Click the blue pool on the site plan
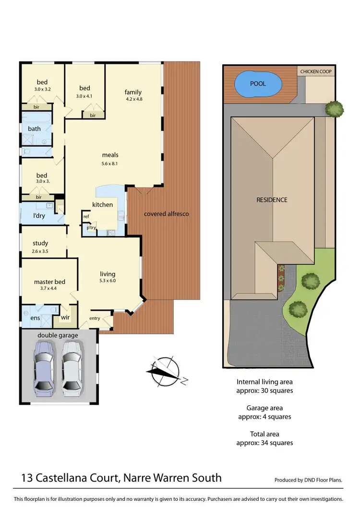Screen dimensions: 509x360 (x=258, y=84)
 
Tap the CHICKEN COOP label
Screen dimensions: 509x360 (x=315, y=71)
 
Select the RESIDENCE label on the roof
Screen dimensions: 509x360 (x=272, y=200)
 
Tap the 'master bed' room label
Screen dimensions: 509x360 (x=49, y=282)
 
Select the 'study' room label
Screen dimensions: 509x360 (x=40, y=243)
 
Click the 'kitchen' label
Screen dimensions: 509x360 (x=103, y=205)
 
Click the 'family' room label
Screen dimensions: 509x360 (x=133, y=92)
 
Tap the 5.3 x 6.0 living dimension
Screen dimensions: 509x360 (x=108, y=281)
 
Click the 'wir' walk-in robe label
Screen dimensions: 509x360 (x=65, y=317)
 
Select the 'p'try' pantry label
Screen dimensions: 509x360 (x=91, y=228)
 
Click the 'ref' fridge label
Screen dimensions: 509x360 (x=86, y=216)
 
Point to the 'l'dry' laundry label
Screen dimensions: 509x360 (x=39, y=216)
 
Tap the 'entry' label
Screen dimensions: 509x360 (x=95, y=318)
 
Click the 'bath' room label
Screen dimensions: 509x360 (x=35, y=129)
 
